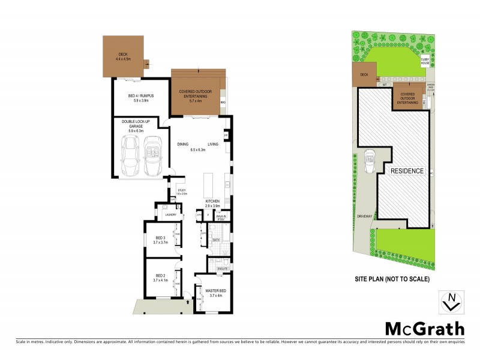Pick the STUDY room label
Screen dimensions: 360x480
(181, 191)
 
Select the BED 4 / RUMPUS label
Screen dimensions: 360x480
(142, 98)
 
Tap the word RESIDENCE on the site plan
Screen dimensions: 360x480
(407, 171)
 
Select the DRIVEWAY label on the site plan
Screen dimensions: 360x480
(365, 214)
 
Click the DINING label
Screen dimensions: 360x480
(182, 144)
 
